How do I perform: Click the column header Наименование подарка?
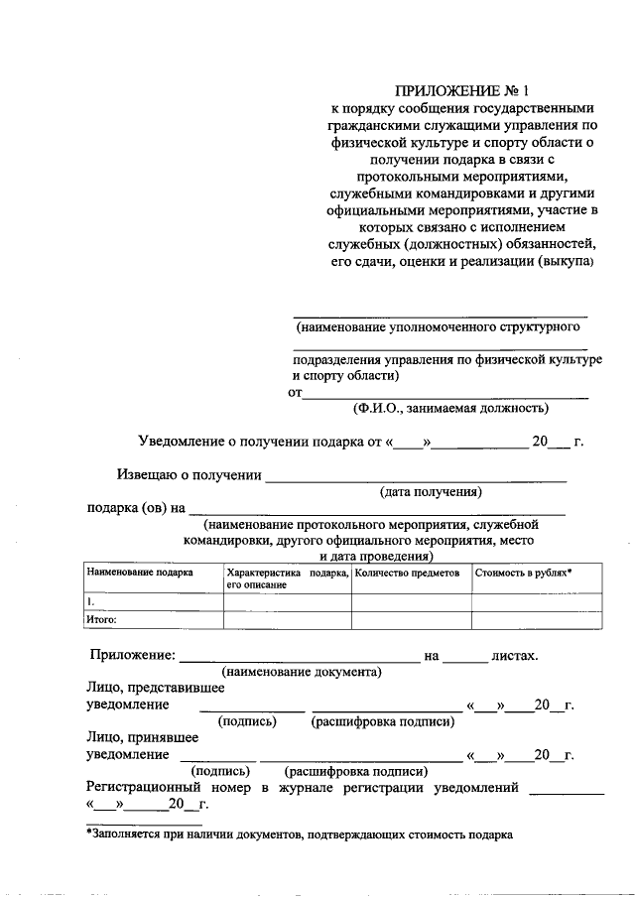click(139, 574)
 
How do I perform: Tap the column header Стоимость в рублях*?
click(523, 574)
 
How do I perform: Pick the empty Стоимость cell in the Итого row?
click(536, 620)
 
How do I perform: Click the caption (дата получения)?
click(431, 491)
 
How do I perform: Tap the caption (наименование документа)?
click(303, 672)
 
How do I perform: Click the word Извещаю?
click(150, 474)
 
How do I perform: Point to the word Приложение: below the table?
click(132, 655)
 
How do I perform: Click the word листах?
click(514, 655)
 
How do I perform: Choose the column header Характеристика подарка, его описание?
click(287, 578)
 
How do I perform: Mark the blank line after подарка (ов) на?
click(377, 510)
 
